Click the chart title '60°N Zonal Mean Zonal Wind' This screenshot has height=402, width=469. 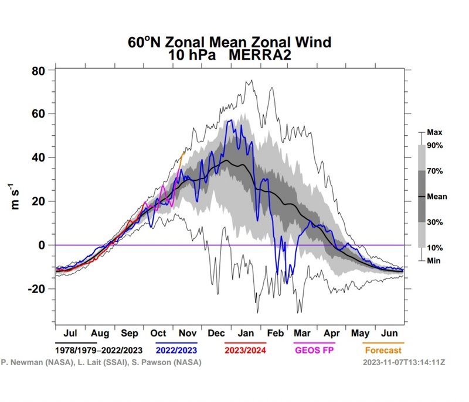(230, 42)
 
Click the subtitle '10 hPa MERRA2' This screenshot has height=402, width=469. (230, 54)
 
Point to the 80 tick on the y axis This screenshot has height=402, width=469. (38, 71)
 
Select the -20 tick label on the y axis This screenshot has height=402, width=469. (36, 288)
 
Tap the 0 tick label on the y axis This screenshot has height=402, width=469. (42, 245)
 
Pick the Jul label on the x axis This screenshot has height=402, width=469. (70, 334)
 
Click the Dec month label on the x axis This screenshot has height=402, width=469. (216, 334)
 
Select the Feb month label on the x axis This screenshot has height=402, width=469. (275, 334)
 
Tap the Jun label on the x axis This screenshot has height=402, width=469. (389, 334)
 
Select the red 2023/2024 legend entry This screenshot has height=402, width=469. (246, 351)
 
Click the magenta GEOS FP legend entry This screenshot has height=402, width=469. (317, 351)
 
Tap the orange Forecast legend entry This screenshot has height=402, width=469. (383, 351)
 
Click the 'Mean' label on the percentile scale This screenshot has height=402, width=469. (437, 197)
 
